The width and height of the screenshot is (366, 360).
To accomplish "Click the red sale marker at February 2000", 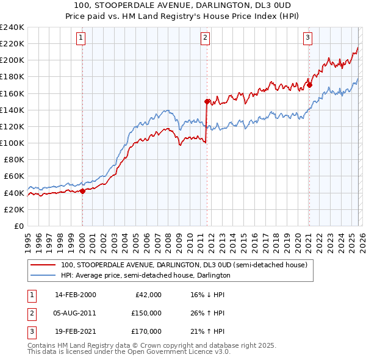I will pos(82,191).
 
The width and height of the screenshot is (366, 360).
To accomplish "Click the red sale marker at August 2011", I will pos(207,101).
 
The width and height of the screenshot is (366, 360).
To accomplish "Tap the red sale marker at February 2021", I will pos(309,85).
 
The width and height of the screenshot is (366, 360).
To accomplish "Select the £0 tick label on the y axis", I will pos(18,226).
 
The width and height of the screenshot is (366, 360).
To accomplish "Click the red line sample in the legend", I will pos(43,265).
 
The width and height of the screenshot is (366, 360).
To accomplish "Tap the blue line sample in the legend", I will pos(43,276).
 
